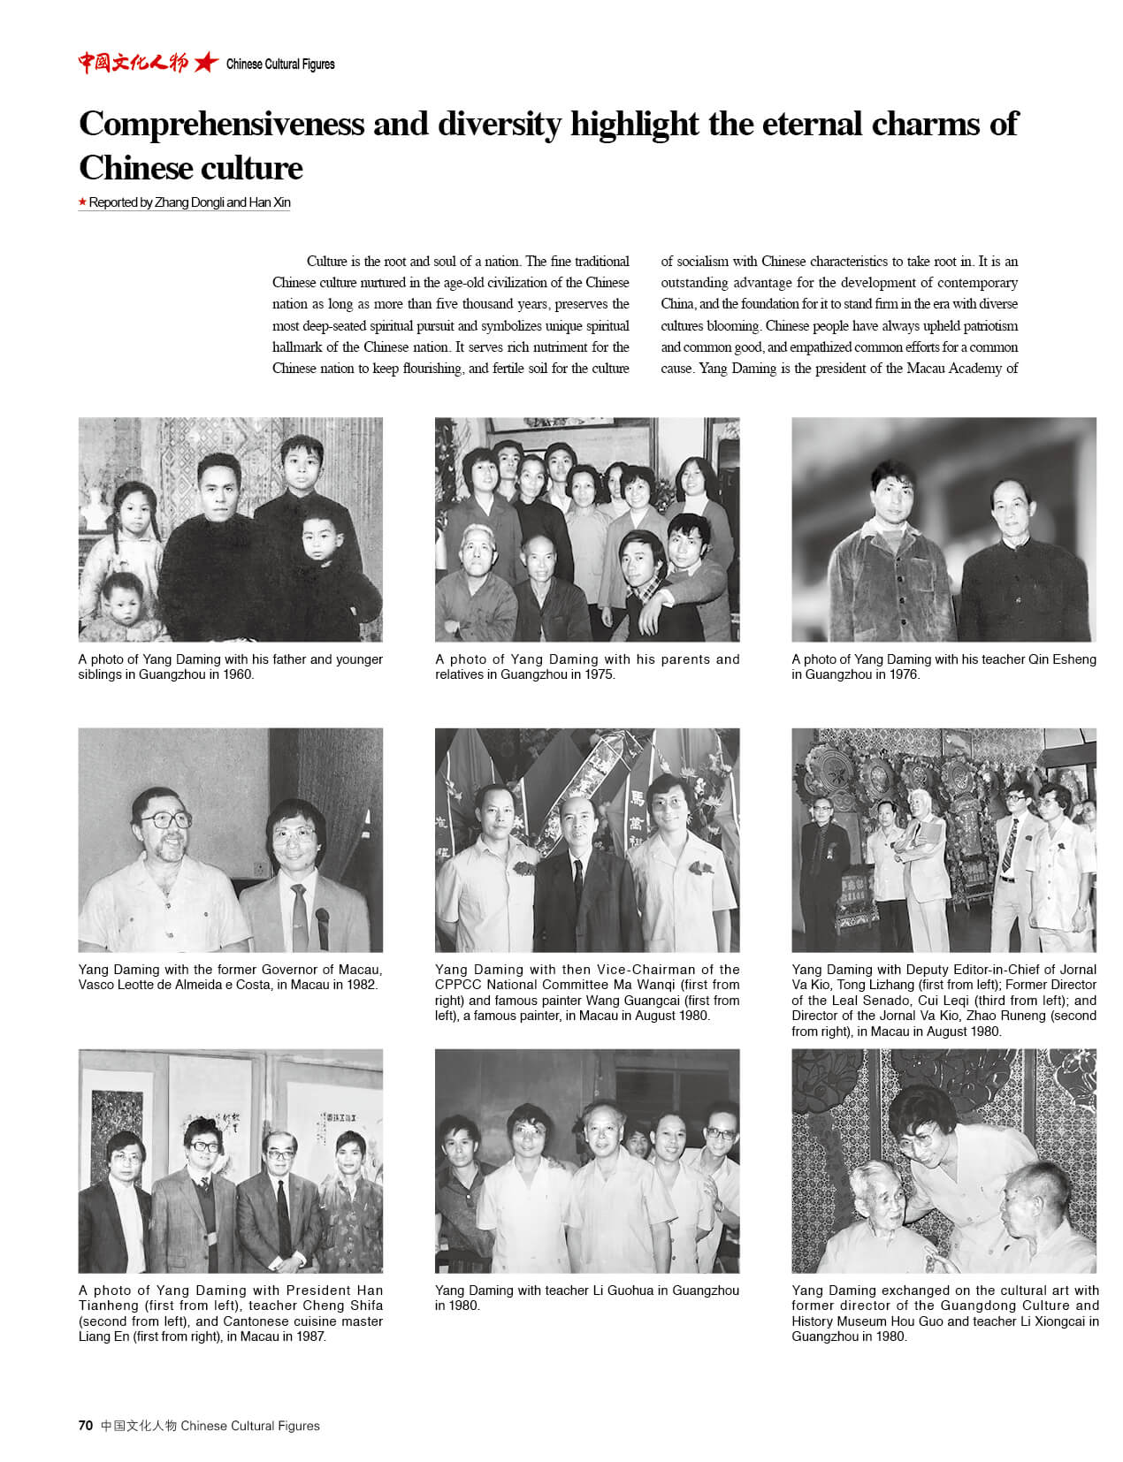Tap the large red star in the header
point(206,63)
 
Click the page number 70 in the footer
point(85,1425)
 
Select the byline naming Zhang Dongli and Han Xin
point(189,202)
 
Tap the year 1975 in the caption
point(598,674)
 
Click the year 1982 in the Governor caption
point(360,985)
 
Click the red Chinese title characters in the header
point(133,63)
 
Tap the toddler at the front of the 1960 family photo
point(124,605)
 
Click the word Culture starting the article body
point(326,262)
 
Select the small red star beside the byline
point(82,202)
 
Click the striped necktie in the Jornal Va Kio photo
point(1007,847)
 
